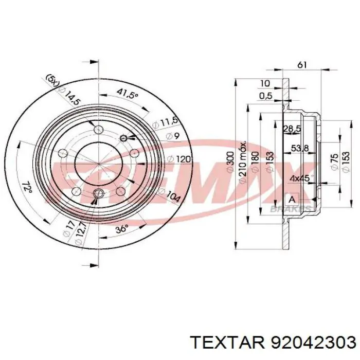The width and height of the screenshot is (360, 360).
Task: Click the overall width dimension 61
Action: coord(302,65)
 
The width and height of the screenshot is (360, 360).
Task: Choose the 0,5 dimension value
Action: coord(265,96)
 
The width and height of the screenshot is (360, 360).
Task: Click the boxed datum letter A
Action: coord(292,199)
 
